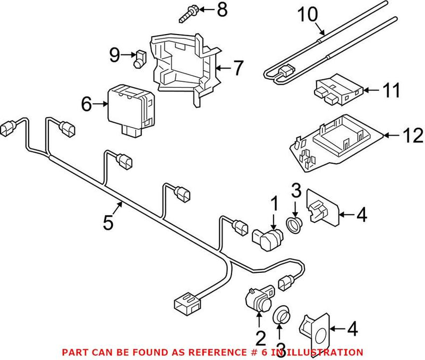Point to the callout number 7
coord(238,68)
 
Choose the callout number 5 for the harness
coord(108,222)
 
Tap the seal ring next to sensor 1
coord(294,224)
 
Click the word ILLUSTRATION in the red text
coord(328,352)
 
